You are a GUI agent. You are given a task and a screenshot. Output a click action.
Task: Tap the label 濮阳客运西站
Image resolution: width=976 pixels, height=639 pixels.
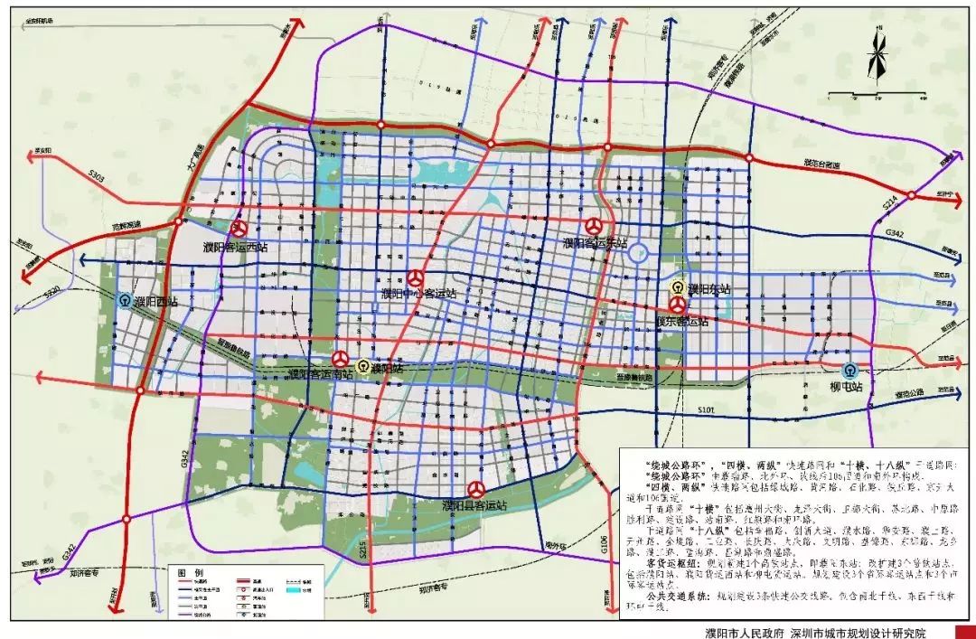pyautogui.click(x=238, y=247)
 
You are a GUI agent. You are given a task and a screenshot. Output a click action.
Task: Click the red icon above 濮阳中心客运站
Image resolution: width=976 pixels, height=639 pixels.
pyautogui.click(x=415, y=278)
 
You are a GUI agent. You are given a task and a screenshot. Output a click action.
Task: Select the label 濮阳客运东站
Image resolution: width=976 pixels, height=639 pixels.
pyautogui.click(x=595, y=242)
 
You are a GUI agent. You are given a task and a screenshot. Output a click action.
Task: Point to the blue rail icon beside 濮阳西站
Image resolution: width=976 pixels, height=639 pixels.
pyautogui.click(x=124, y=300)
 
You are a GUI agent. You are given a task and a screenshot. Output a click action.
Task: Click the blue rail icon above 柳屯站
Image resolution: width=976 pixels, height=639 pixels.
pyautogui.click(x=849, y=370)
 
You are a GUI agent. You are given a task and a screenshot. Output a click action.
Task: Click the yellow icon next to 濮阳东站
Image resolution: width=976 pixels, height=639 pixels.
pyautogui.click(x=676, y=288)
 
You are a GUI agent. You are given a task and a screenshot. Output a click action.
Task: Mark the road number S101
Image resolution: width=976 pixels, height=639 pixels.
pyautogui.click(x=706, y=412)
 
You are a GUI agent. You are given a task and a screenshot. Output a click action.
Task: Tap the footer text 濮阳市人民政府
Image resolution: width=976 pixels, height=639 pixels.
pyautogui.click(x=745, y=632)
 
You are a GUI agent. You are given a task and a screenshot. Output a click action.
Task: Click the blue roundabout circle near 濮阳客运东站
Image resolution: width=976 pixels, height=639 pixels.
pyautogui.click(x=639, y=254)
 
